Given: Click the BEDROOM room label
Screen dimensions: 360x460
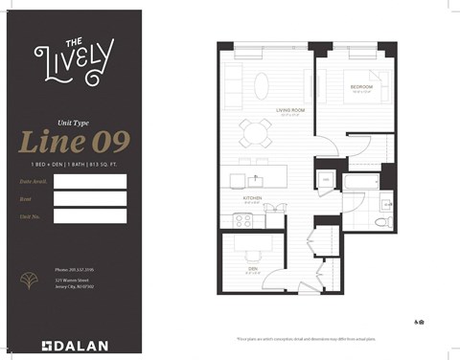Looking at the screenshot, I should (x=361, y=86).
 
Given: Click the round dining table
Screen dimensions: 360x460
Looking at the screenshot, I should (x=254, y=130).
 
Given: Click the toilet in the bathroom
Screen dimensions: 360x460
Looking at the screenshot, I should (x=381, y=220).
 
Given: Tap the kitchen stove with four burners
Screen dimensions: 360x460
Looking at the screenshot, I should (x=243, y=219).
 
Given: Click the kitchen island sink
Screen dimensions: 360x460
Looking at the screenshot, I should (x=257, y=179).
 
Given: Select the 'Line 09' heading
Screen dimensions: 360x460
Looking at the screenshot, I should (x=74, y=141).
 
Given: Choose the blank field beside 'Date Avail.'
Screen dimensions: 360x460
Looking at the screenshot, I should (x=90, y=180).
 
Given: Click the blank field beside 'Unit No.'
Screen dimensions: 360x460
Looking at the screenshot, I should (x=90, y=216).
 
